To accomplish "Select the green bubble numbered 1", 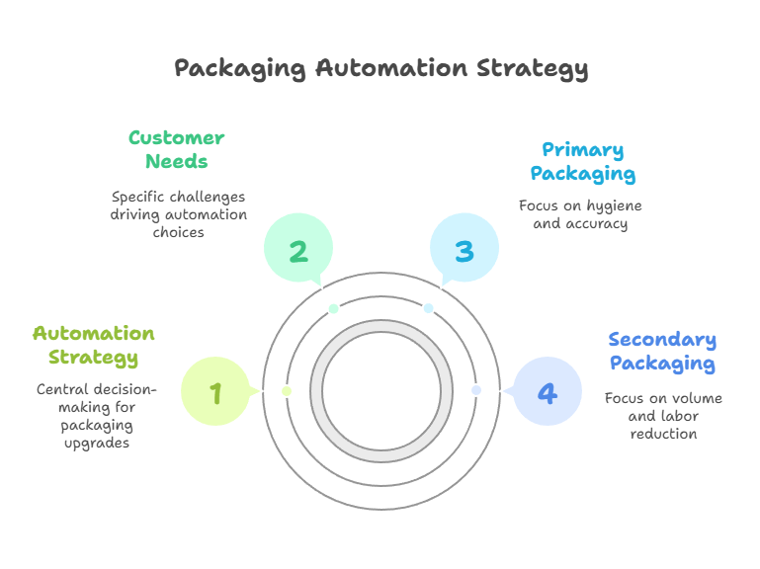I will [x=215, y=392].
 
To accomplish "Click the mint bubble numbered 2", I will [x=298, y=250].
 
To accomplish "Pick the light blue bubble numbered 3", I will [x=464, y=250].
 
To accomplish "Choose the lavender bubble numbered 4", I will [x=547, y=392].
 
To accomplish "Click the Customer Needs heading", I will [x=177, y=149].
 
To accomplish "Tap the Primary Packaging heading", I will [x=582, y=162].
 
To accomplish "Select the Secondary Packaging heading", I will [x=662, y=351].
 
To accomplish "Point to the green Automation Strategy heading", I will [x=93, y=345].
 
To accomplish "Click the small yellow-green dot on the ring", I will [x=287, y=391].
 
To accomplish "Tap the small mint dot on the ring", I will [x=334, y=308].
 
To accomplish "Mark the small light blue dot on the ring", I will [x=429, y=308].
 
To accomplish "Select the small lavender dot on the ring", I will [x=476, y=390].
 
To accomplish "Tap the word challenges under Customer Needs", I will [x=205, y=197].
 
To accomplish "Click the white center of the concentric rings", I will [x=381, y=390].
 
